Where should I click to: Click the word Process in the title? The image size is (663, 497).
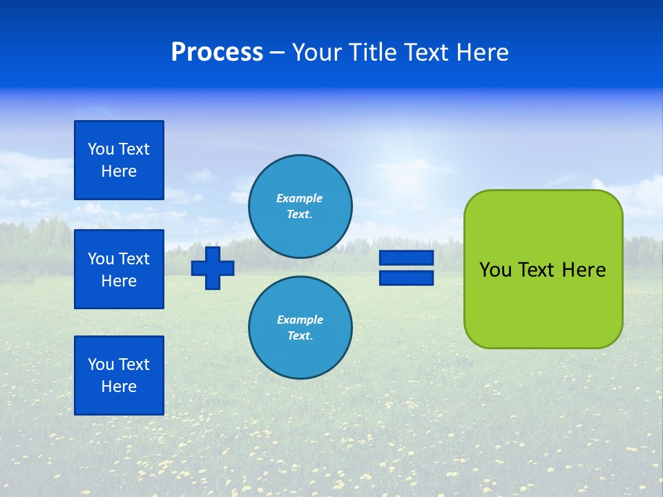pyautogui.click(x=217, y=52)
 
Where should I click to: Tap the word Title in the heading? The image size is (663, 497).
pyautogui.click(x=373, y=52)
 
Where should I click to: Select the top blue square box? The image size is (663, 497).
pyautogui.click(x=119, y=159)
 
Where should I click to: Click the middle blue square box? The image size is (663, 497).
pyautogui.click(x=119, y=269)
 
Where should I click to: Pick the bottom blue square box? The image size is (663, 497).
pyautogui.click(x=119, y=376)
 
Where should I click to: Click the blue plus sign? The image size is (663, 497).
pyautogui.click(x=213, y=268)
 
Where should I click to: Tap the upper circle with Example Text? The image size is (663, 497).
pyautogui.click(x=300, y=206)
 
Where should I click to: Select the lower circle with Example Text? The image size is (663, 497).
pyautogui.click(x=300, y=327)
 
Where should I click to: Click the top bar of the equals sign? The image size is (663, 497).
pyautogui.click(x=406, y=257)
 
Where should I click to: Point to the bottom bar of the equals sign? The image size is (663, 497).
pyautogui.click(x=406, y=278)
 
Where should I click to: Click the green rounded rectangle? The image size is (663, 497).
pyautogui.click(x=544, y=269)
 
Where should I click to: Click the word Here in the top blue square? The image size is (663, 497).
pyautogui.click(x=119, y=171)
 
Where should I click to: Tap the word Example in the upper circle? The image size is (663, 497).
pyautogui.click(x=299, y=198)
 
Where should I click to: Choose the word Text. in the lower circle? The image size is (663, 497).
pyautogui.click(x=300, y=335)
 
